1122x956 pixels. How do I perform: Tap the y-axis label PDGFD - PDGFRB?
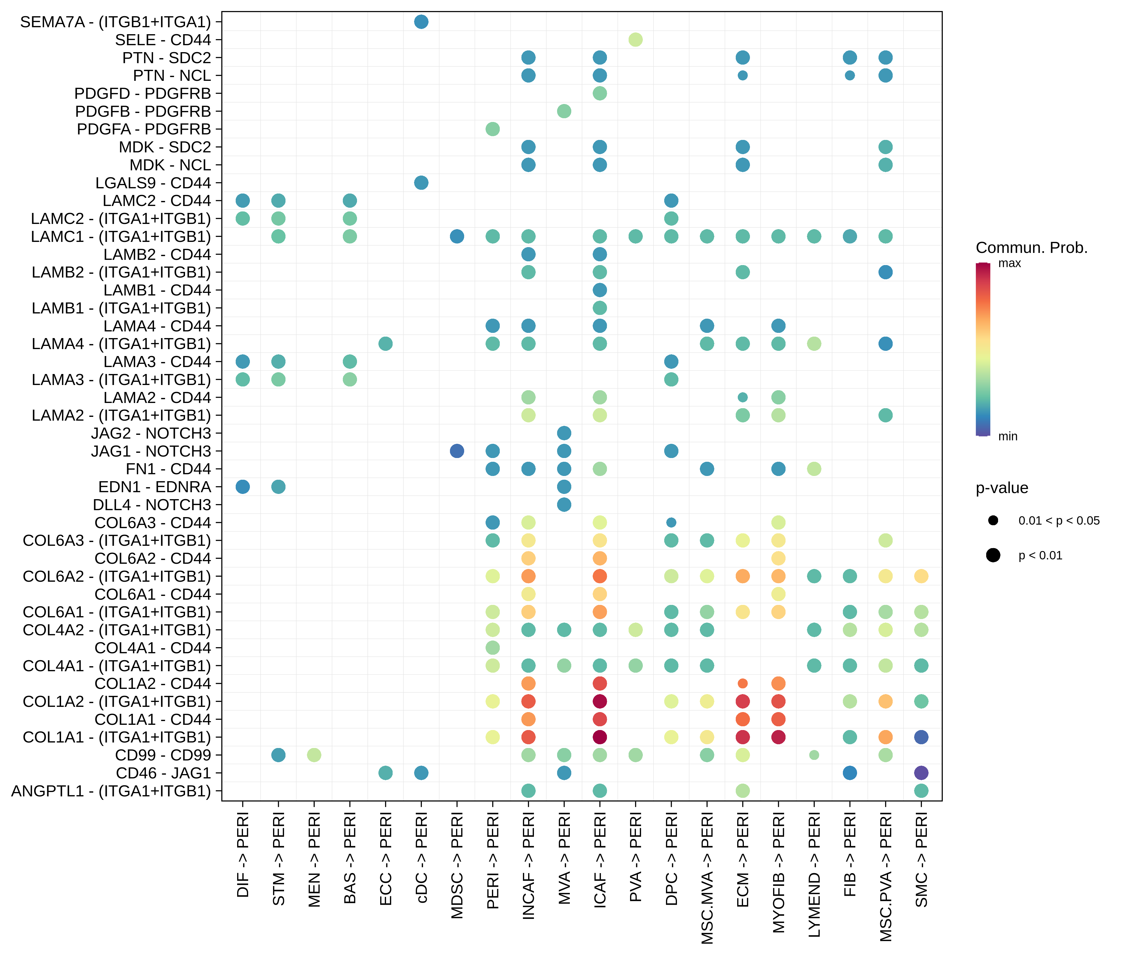pos(142,93)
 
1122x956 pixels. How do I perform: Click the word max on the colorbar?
pos(1009,263)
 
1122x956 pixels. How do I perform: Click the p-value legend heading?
pos(1002,488)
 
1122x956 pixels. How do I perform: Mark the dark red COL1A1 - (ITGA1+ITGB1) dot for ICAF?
pos(599,737)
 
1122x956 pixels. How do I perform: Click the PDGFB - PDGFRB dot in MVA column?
pos(564,111)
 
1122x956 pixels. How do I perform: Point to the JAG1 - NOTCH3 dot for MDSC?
pos(457,451)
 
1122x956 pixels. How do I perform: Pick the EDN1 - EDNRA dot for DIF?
pos(243,486)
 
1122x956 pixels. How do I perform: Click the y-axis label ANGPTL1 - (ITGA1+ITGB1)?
pos(111,791)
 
